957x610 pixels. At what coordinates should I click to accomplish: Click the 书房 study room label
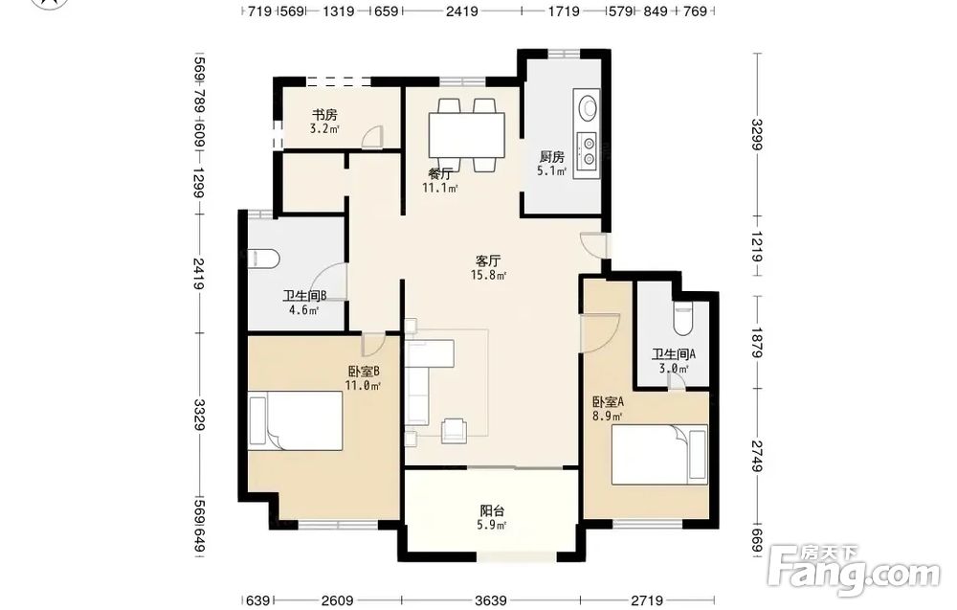coord(324,115)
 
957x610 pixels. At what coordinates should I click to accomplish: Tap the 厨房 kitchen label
coord(552,157)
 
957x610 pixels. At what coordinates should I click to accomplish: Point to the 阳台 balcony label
coord(492,510)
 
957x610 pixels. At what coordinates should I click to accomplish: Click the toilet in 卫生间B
coord(264,259)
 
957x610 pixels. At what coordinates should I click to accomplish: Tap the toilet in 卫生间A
coord(683,318)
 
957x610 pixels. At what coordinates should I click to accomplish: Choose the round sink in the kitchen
coord(588,107)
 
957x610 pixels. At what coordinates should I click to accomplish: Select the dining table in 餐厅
coord(467,135)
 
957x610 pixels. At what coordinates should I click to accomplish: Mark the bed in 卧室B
coord(296,420)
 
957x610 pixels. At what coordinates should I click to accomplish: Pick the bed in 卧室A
coord(659,454)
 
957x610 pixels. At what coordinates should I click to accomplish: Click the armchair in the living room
coord(453,430)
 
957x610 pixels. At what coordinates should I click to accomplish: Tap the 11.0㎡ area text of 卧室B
coord(363,386)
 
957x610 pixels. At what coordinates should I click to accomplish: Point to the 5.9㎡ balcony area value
coord(492,525)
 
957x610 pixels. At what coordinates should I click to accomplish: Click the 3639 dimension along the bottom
coord(491,600)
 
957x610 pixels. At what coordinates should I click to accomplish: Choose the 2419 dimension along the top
coord(461,11)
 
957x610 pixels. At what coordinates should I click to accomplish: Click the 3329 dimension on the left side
coord(199,415)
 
